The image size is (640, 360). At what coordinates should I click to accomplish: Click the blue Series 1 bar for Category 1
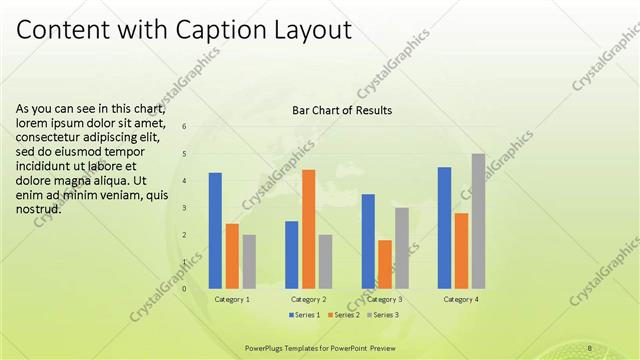coord(215,230)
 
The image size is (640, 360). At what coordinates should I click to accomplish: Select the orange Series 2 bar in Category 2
coord(308,229)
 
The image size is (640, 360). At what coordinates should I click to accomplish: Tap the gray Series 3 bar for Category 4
coord(478,221)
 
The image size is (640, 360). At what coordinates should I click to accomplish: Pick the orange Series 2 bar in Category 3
coord(384,264)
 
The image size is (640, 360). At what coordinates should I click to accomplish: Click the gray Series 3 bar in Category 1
coord(249,261)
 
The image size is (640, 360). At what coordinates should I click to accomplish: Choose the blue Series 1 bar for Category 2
coord(291,254)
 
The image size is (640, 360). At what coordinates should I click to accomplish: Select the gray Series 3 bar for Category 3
coord(401,248)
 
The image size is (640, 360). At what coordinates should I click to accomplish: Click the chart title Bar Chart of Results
coord(342,110)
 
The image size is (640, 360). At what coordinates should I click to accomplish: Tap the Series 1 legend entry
coord(304,315)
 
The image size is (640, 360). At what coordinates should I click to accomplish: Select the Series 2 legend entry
coord(343,315)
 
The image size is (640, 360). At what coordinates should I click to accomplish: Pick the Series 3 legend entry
coord(382,315)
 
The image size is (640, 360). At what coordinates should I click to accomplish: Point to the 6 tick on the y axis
coord(183,126)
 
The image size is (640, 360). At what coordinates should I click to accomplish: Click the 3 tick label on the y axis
coord(183,208)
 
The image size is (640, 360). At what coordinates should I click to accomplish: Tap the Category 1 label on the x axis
coord(232,299)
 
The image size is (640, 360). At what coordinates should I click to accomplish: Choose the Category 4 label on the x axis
coord(461,299)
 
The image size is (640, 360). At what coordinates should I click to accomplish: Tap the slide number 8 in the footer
coord(590,347)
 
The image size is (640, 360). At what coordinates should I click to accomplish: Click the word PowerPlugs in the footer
coord(267,347)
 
